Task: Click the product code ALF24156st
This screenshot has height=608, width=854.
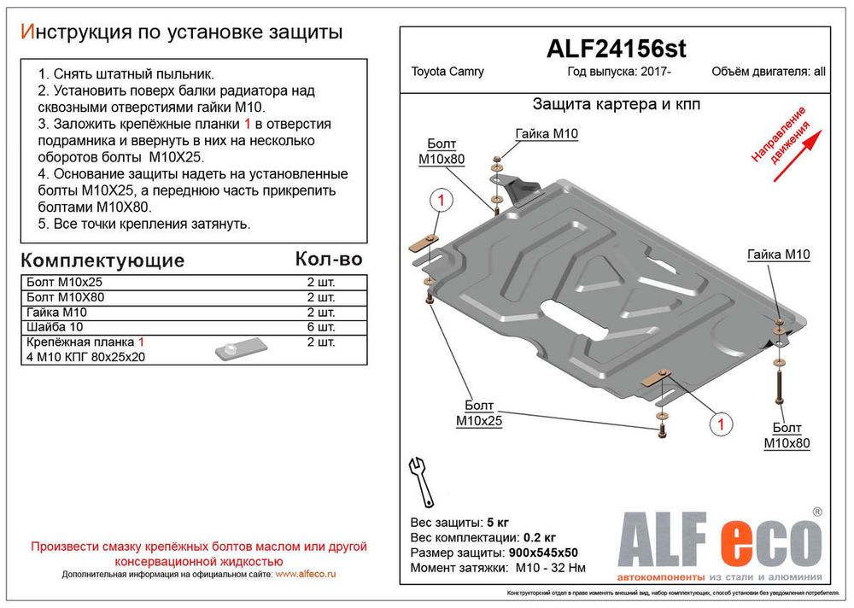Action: click(x=615, y=50)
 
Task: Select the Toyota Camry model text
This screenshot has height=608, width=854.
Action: click(x=448, y=72)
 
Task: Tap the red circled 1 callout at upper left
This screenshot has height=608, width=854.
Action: click(x=441, y=202)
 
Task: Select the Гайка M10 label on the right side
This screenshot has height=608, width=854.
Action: click(x=778, y=254)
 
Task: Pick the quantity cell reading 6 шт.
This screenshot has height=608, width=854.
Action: click(x=321, y=327)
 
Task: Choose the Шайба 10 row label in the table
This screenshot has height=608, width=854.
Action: click(x=52, y=327)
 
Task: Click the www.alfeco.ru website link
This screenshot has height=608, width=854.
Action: click(x=306, y=575)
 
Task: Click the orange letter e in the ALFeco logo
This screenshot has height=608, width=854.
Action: click(x=726, y=541)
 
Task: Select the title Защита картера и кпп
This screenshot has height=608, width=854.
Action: click(x=616, y=105)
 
